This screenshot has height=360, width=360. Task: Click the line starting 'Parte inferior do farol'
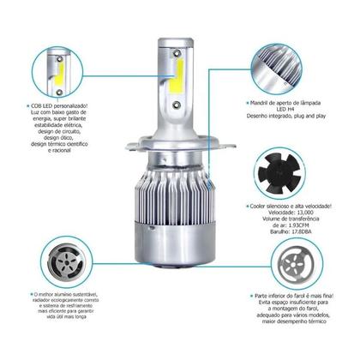point(299,291)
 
